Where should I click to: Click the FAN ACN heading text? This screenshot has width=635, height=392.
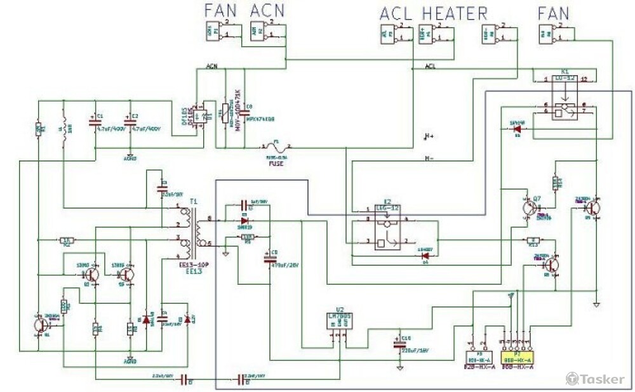tap(244, 11)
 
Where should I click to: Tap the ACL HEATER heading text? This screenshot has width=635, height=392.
tap(433, 13)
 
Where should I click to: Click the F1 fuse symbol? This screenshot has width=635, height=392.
tap(276, 147)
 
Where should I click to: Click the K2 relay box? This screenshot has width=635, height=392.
tap(387, 229)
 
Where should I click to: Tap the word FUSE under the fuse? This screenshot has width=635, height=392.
tap(275, 164)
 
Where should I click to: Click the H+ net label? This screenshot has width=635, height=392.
tap(430, 136)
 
